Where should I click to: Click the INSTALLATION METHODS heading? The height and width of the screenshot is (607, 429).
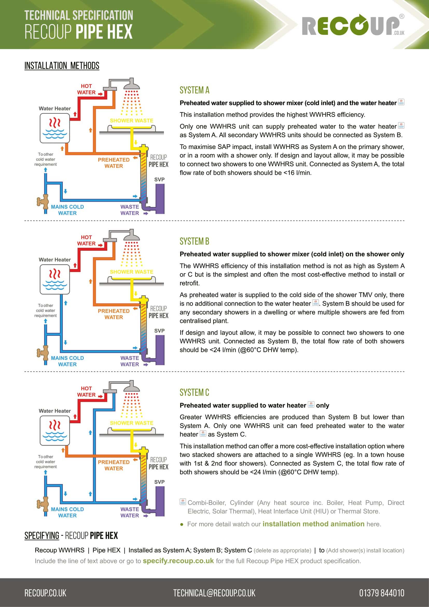(x=62, y=66)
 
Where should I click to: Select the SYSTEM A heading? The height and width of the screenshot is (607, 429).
(x=195, y=90)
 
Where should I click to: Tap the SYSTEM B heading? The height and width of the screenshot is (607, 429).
(x=195, y=241)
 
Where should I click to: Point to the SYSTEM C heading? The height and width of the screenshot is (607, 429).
(x=195, y=393)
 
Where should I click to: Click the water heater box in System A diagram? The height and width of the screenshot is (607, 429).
(x=55, y=128)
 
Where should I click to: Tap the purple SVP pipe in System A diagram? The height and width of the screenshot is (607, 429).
(x=160, y=199)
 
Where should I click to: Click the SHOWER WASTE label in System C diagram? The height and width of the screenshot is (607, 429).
(x=132, y=423)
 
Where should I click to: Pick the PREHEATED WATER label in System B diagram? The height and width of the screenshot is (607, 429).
(x=114, y=314)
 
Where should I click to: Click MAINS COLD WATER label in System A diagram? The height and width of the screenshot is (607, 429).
(x=67, y=210)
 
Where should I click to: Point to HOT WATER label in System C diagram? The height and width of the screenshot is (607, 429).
(x=86, y=392)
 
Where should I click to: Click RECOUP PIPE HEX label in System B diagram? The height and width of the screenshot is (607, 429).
(x=158, y=312)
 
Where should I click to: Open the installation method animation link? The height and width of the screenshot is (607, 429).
(x=313, y=524)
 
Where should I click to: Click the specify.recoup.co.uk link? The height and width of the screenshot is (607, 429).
(x=178, y=561)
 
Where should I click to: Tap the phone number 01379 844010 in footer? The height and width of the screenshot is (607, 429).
(x=382, y=593)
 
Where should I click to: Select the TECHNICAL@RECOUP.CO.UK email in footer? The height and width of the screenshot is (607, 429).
(x=214, y=593)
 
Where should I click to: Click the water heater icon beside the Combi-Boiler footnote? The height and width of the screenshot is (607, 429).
(x=183, y=502)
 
